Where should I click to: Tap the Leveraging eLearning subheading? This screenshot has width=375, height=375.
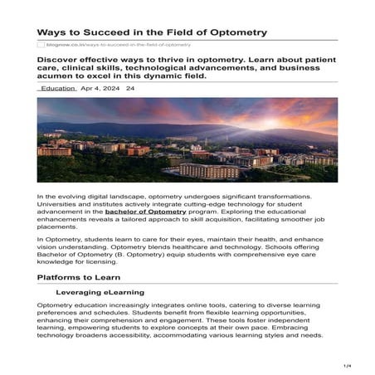pos(100,292)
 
